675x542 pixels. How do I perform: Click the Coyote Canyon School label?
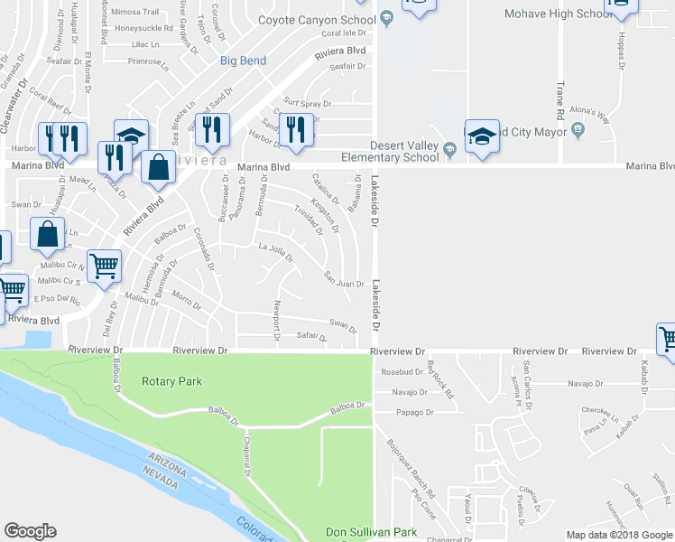(316, 19)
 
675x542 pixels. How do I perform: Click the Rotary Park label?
(171, 381)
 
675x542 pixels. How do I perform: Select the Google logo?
(31, 530)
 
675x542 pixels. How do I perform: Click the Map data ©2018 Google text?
(619, 535)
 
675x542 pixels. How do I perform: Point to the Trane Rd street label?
(560, 101)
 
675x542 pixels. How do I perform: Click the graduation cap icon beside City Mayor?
(482, 136)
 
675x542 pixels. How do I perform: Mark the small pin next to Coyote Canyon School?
(385, 18)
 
